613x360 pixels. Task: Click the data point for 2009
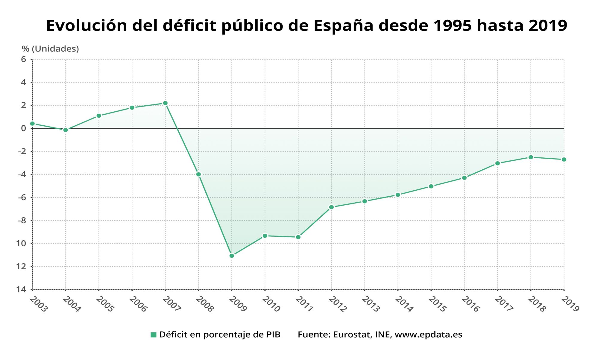(232, 256)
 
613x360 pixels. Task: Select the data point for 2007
(165, 103)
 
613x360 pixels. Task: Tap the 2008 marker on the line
(198, 174)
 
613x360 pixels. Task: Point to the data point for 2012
(331, 207)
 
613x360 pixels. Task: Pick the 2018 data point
(531, 157)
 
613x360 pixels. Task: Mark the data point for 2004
(66, 130)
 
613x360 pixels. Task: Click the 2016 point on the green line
(464, 178)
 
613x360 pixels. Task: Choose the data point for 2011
(298, 237)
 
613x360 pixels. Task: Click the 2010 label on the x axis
(271, 304)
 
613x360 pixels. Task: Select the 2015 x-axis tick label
(437, 304)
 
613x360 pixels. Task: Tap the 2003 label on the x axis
(39, 304)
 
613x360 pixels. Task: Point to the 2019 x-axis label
(570, 304)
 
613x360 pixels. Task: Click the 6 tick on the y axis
(24, 59)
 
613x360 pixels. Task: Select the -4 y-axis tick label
(22, 174)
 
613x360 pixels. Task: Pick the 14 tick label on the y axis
(21, 289)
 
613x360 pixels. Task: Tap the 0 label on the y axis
(24, 128)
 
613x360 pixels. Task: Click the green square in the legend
(154, 335)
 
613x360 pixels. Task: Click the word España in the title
(344, 26)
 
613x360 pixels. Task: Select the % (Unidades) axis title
(50, 49)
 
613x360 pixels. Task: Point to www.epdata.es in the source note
(429, 335)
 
